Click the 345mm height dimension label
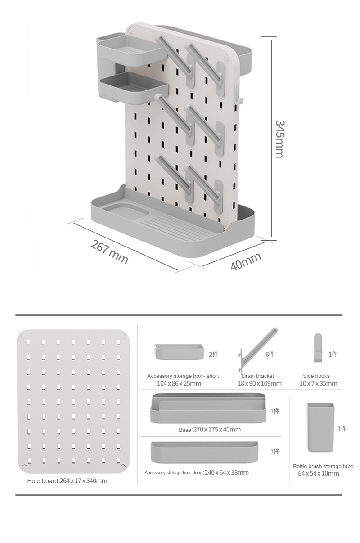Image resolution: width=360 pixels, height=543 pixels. pyautogui.click(x=279, y=139)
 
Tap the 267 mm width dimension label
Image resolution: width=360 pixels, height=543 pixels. pyautogui.click(x=109, y=252)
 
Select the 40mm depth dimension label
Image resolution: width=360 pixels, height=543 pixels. pyautogui.click(x=246, y=262)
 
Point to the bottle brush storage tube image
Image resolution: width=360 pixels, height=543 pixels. pyautogui.click(x=320, y=427)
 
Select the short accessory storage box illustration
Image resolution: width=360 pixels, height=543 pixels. pyautogui.click(x=179, y=352)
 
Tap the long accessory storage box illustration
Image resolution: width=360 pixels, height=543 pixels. pyautogui.click(x=204, y=452)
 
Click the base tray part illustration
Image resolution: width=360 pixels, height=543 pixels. pyautogui.click(x=208, y=408)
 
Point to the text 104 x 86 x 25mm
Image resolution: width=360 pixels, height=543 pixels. pyautogui.click(x=179, y=384)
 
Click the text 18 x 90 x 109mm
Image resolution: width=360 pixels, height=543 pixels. pyautogui.click(x=260, y=384)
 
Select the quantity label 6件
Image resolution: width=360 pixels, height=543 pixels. pyautogui.click(x=270, y=355)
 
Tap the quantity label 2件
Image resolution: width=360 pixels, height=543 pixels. pyautogui.click(x=214, y=355)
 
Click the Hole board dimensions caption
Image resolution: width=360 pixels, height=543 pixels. pyautogui.click(x=67, y=481)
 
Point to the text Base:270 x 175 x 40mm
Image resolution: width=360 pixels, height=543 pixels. pyautogui.click(x=210, y=430)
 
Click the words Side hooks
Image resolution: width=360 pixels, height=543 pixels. pyautogui.click(x=316, y=376)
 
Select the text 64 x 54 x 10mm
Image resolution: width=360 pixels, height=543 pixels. pyautogui.click(x=319, y=474)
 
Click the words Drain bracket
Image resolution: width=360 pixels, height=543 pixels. pyautogui.click(x=258, y=376)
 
